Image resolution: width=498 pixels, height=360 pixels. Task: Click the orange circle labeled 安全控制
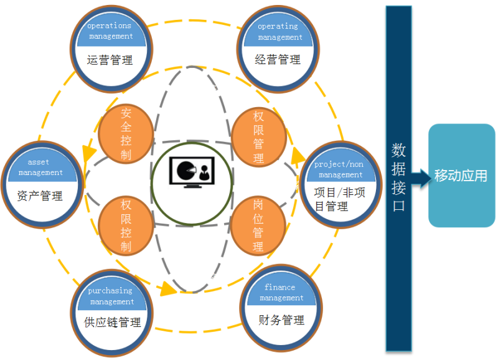pos(126,134)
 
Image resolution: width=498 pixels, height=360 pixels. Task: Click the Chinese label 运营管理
pos(110,60)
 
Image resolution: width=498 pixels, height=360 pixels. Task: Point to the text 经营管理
pos(278,60)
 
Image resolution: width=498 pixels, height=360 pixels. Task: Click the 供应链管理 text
pos(112,322)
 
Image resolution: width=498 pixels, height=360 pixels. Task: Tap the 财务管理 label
pos(281,320)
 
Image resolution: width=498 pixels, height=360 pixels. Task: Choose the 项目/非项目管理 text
pos(339,199)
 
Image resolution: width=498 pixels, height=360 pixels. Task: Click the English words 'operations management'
pos(110,31)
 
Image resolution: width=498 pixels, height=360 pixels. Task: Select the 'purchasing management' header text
pos(111,296)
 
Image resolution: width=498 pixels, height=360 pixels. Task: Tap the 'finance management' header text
pos(281,293)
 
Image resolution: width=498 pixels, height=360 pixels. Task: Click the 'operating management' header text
pos(278,32)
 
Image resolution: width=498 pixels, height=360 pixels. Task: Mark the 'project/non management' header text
pos(339,169)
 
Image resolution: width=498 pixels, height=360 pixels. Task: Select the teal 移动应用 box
pos(461,175)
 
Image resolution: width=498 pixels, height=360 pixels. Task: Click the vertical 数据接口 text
pos(398,177)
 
